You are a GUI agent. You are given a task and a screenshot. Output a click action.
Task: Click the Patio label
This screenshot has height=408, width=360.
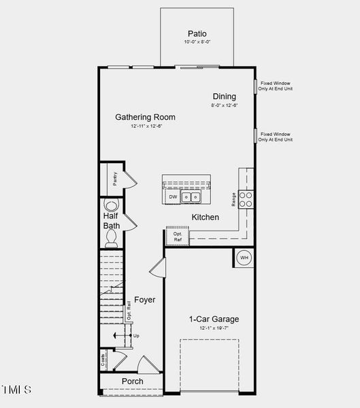click(x=197, y=33)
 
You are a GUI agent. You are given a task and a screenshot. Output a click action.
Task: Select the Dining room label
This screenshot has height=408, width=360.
click(x=224, y=97)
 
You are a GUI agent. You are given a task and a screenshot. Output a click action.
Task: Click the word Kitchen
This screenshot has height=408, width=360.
click(x=205, y=217)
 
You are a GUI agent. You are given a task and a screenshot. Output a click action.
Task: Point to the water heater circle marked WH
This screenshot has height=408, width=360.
click(x=244, y=258)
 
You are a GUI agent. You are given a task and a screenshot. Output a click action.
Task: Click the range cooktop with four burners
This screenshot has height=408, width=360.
click(x=246, y=199)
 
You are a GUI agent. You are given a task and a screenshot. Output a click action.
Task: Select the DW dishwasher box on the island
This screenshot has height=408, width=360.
click(x=173, y=197)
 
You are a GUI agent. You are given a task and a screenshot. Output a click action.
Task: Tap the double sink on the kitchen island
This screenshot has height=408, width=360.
click(x=192, y=197)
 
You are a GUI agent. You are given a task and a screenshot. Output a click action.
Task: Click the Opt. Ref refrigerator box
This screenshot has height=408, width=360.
click(x=178, y=237)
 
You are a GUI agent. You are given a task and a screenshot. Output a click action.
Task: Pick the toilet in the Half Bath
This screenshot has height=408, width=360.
click(x=112, y=236)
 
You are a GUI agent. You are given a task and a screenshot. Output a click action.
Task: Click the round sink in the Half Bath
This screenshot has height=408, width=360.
click(x=111, y=205)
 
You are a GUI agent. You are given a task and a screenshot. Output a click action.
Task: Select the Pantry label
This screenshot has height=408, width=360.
click(x=116, y=179)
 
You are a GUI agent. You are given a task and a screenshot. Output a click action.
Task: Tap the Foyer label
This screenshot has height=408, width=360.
click(x=144, y=300)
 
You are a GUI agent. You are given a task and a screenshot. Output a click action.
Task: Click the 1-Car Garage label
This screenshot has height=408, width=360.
click(x=214, y=319)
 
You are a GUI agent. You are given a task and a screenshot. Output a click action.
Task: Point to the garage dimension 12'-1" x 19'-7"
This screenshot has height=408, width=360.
click(x=214, y=328)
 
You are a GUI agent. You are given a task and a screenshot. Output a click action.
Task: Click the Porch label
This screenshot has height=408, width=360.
click(x=132, y=381)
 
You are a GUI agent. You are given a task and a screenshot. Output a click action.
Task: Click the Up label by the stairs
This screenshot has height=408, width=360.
click(x=136, y=336)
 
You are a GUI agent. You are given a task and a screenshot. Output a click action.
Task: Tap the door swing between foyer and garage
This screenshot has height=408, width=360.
click(x=157, y=267)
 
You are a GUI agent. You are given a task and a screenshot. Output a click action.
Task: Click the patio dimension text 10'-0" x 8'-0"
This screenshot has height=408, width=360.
click(x=197, y=42)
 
